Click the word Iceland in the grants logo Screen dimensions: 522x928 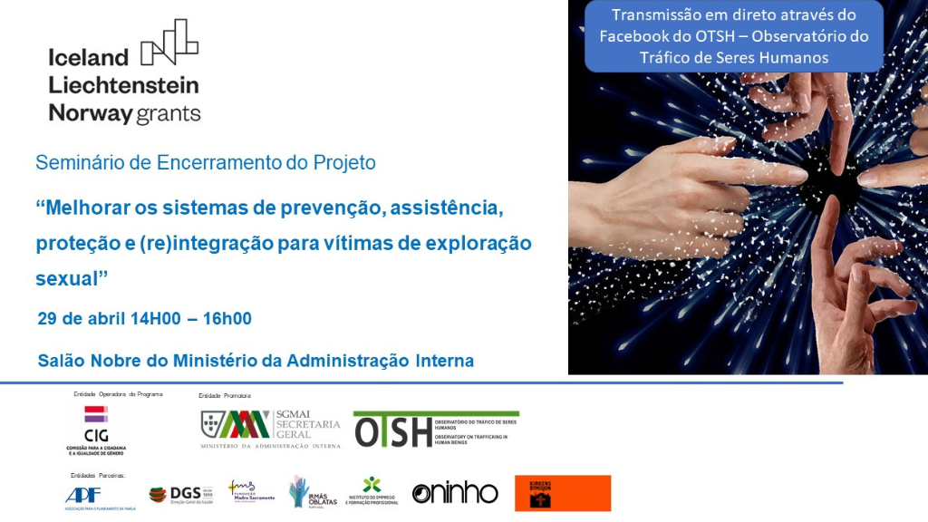click(x=89, y=57)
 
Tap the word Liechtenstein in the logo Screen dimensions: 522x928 click(x=123, y=85)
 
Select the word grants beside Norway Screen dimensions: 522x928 click(x=169, y=113)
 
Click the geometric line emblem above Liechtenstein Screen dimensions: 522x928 click(x=169, y=42)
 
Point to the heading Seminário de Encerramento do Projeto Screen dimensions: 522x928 click(x=205, y=163)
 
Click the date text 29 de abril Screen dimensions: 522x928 click(x=83, y=318)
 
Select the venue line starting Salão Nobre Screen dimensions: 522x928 click(x=256, y=361)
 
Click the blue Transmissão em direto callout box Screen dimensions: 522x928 click(x=734, y=36)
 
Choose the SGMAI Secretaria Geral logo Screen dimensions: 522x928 click(x=270, y=429)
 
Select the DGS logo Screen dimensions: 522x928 click(x=180, y=494)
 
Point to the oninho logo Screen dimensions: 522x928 click(x=455, y=493)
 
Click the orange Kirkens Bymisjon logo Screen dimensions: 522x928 click(x=563, y=493)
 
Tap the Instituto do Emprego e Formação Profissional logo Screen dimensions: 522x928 click(x=372, y=492)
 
